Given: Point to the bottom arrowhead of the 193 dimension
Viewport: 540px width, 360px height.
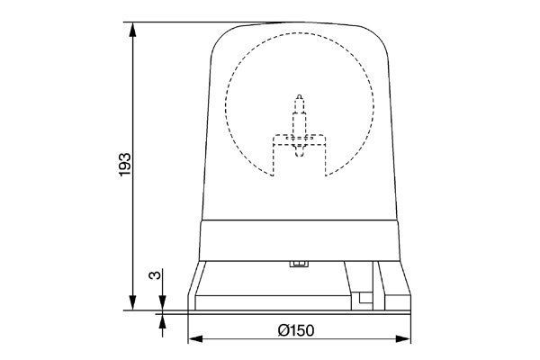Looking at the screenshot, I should (x=134, y=303).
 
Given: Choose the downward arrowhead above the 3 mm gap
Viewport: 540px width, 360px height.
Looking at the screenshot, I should (x=162, y=303).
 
